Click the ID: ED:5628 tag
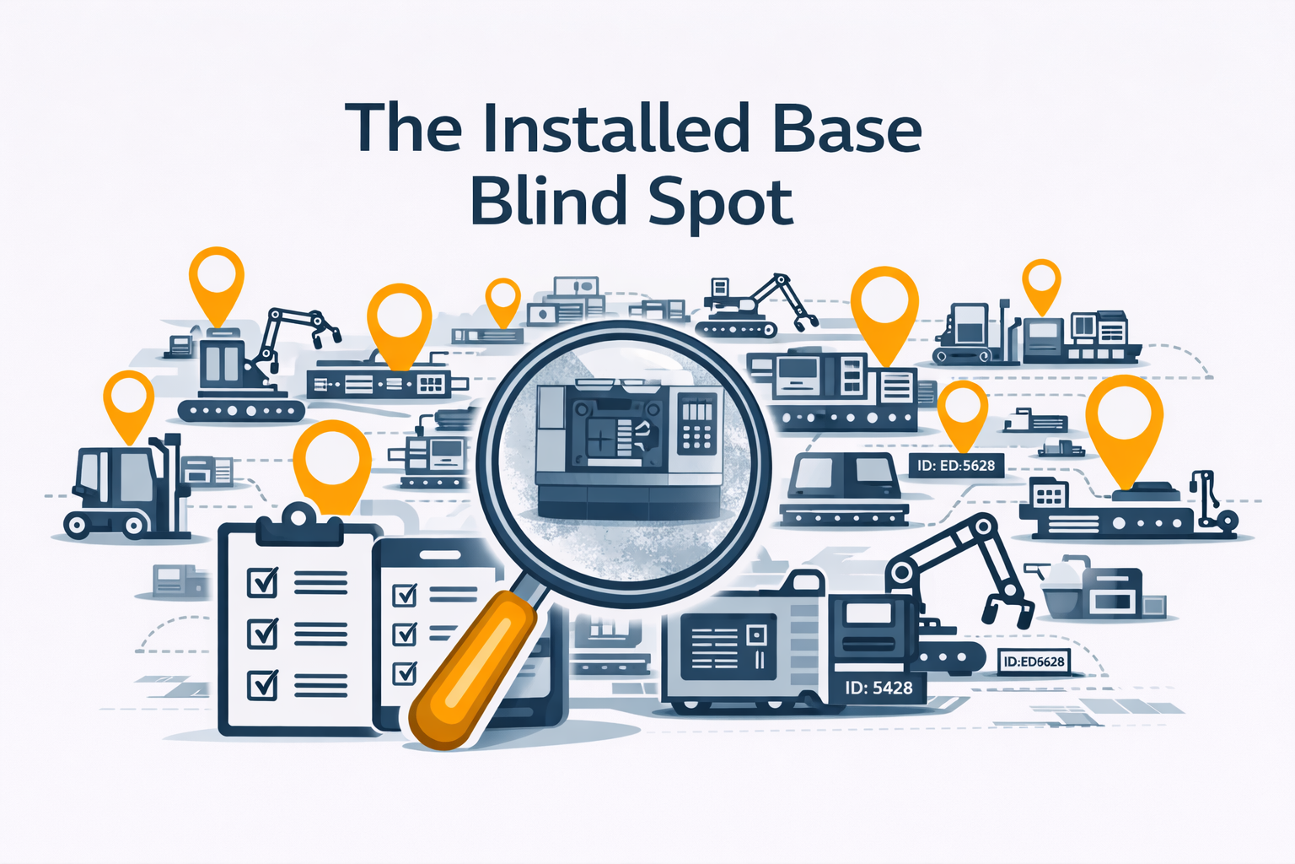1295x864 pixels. pos(956,465)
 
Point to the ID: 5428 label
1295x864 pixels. pos(879,688)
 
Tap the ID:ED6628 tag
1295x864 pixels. pos(1034,661)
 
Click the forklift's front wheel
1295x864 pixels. pos(78,526)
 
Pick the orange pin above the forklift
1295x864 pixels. pos(128,402)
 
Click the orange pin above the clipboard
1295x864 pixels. pos(332,460)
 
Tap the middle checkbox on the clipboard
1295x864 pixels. pos(262,632)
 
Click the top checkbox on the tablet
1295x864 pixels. pos(406,595)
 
